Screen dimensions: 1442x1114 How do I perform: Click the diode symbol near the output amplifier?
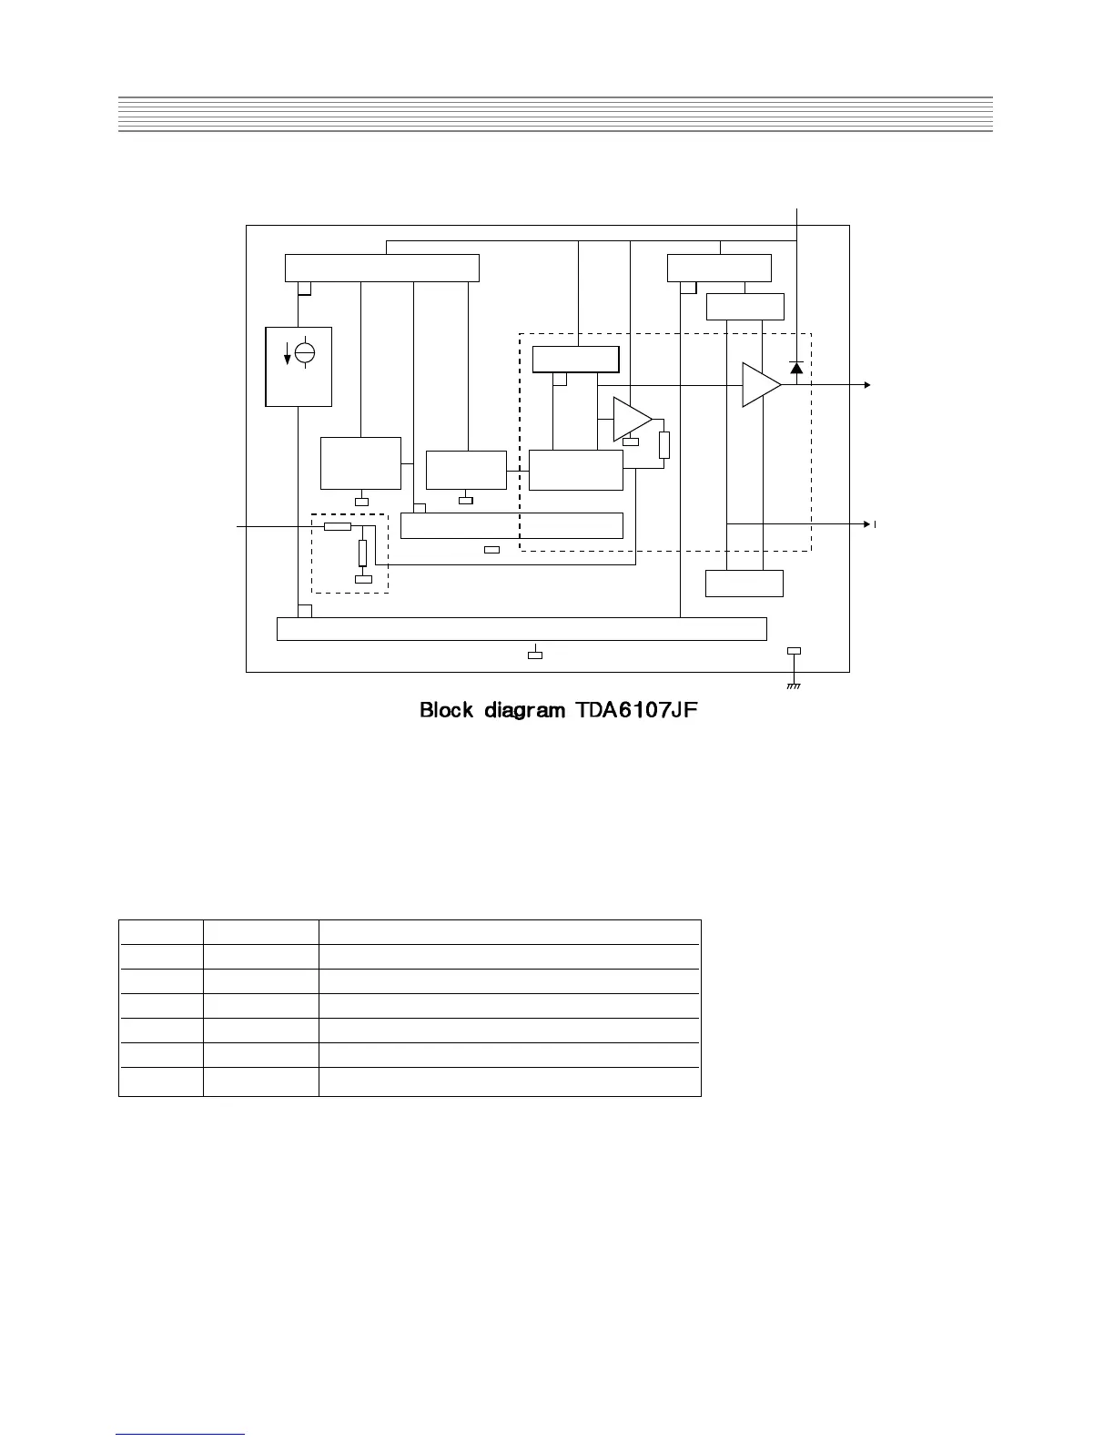(796, 368)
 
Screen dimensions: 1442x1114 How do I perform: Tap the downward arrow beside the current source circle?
(289, 355)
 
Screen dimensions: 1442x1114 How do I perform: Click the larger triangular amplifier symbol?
(759, 384)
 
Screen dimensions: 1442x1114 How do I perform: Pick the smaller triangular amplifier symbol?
(630, 419)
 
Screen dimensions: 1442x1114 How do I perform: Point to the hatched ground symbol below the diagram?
(794, 685)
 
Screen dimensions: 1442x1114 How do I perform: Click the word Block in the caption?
(446, 710)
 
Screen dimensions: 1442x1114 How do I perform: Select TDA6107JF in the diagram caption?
(636, 710)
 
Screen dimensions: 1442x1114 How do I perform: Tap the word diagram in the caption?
(524, 711)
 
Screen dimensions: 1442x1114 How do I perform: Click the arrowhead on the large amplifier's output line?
(866, 385)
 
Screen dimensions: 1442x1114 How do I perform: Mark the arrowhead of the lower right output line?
(866, 524)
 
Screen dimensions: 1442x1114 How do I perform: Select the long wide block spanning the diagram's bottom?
(522, 629)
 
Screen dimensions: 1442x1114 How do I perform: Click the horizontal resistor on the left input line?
(338, 526)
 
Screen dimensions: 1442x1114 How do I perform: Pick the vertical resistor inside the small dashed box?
(362, 553)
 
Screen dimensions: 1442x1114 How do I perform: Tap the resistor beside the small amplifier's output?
(664, 445)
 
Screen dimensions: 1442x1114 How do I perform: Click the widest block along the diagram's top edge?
(382, 269)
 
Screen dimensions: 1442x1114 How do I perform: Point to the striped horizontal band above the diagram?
(555, 115)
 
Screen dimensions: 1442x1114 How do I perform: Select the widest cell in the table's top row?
(510, 932)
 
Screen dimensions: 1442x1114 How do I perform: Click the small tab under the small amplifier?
(631, 442)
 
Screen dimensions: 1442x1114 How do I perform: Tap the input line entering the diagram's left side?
(273, 526)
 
